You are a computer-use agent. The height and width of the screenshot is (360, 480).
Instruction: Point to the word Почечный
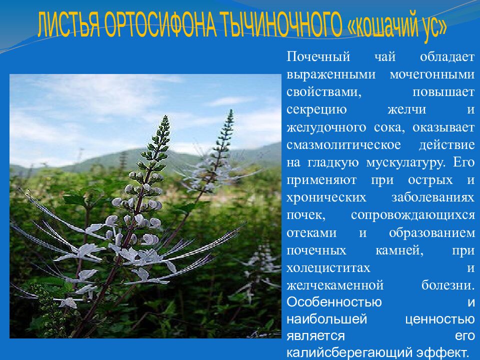318,57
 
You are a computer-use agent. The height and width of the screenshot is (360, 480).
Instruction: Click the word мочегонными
432,74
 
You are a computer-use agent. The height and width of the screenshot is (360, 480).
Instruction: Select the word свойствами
324,92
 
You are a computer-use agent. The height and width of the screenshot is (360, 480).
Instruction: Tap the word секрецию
316,110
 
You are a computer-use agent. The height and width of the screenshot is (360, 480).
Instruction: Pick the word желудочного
326,127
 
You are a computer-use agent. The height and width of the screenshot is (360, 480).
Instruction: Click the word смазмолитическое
343,145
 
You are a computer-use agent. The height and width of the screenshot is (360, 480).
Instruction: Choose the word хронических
326,198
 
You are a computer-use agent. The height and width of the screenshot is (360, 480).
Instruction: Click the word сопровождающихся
413,215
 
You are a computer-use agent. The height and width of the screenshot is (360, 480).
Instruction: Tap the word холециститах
328,268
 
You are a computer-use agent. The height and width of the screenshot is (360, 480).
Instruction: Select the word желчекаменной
335,285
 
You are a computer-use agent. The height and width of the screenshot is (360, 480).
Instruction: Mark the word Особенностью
334,302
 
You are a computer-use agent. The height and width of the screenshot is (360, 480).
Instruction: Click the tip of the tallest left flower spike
165,116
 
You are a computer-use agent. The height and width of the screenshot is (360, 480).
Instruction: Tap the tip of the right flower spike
231,110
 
